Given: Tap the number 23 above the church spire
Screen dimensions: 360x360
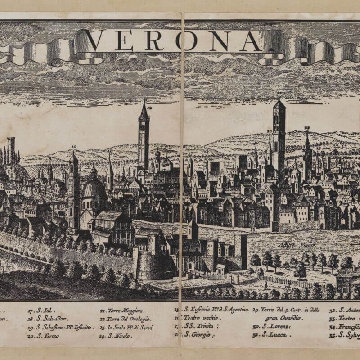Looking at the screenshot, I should (307, 128).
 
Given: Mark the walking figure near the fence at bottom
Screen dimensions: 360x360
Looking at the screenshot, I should (265, 286).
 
